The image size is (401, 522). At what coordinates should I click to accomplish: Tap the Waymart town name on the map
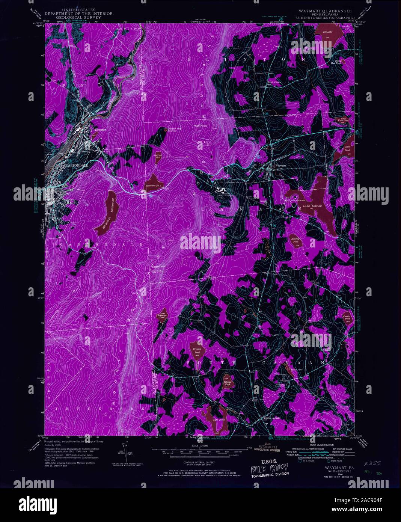pos(280,166)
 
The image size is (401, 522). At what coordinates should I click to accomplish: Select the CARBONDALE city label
pos(77,165)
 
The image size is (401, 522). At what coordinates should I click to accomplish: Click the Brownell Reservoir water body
pos(108,213)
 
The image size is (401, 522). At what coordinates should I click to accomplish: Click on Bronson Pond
pos(197,351)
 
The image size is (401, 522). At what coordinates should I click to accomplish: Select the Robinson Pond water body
pos(163,316)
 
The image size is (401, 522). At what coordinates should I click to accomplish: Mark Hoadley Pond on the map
pos(295,240)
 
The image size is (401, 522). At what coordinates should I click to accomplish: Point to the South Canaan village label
pos(272,418)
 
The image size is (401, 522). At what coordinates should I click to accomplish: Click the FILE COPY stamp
pos(270,468)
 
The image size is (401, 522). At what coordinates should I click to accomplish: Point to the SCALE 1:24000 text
pos(200,445)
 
